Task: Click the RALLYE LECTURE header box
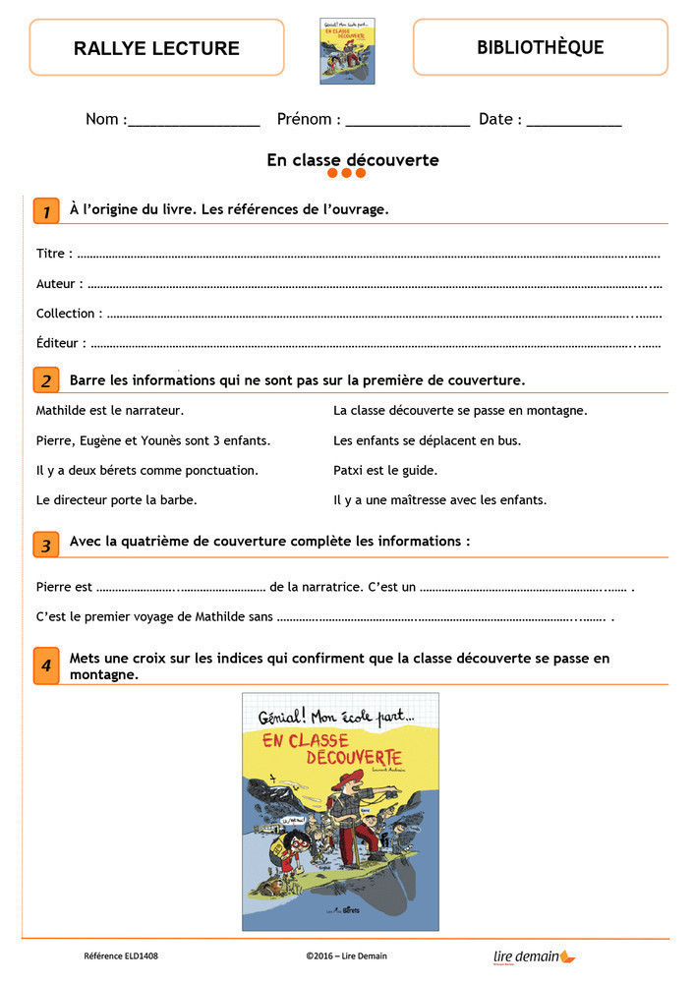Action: pos(156,48)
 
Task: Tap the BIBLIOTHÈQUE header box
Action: pos(540,47)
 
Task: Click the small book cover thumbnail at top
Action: pos(348,51)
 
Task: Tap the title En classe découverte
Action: pos(352,159)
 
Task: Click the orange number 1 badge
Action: pos(45,210)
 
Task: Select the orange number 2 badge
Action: pos(45,380)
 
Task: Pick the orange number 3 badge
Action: pos(45,545)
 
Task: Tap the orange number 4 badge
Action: pos(45,665)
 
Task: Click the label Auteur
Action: pos(55,284)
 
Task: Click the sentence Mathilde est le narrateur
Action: pos(110,411)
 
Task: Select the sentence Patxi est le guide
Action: pos(385,470)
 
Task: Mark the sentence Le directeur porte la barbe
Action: pos(116,499)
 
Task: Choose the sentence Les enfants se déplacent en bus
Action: pos(427,440)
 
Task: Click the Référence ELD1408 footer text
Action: pos(121,955)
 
